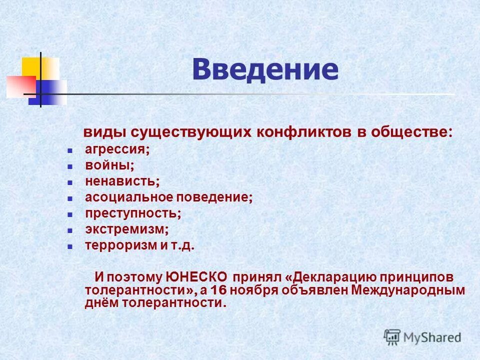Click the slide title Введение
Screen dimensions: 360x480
pyautogui.click(x=265, y=70)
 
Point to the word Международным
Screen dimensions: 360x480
pyautogui.click(x=408, y=290)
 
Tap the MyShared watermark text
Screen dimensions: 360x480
pyautogui.click(x=432, y=337)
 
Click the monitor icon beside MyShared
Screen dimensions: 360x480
pyautogui.click(x=392, y=337)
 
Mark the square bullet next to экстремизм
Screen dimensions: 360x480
pyautogui.click(x=70, y=230)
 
